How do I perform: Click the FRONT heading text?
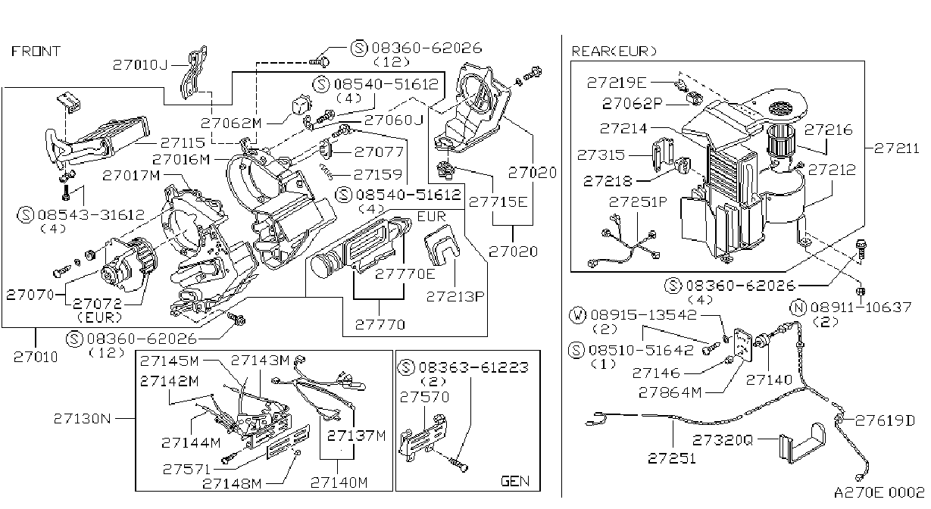point(36,51)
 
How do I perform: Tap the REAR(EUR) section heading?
point(614,51)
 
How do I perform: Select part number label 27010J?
point(140,65)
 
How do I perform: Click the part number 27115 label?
point(183,142)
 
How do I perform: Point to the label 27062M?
point(231,123)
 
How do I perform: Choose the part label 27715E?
point(498,202)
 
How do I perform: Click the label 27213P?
point(455,296)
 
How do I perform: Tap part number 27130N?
point(83,418)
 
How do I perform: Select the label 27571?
point(186,469)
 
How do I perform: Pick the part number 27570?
point(424,397)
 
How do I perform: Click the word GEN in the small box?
point(515,481)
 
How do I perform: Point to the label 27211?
point(896,148)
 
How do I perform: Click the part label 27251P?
point(638,202)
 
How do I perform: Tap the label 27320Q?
point(723,440)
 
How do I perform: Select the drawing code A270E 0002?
point(879,492)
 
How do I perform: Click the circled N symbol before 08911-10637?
point(798,308)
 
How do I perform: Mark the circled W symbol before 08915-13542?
point(577,315)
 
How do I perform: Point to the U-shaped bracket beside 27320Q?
point(802,443)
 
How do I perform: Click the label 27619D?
point(885,421)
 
